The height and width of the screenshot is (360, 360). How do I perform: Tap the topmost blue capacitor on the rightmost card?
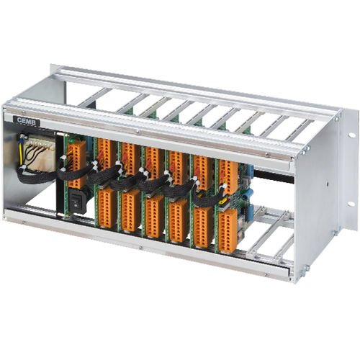click(247, 173)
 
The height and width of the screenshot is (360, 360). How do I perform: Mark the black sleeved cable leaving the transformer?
click(32, 177)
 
